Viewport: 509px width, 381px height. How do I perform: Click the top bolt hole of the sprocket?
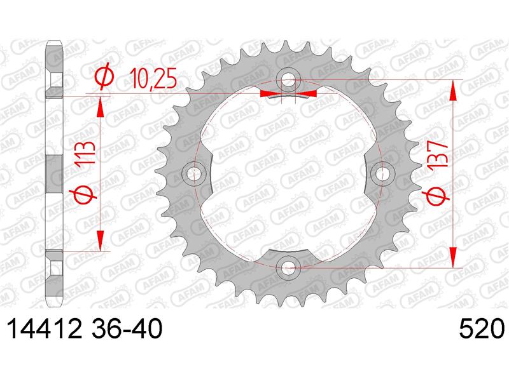(288, 80)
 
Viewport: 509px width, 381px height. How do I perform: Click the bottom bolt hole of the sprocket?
(288, 267)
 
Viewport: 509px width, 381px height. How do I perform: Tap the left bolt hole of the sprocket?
(194, 174)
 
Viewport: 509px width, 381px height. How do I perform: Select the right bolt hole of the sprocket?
(382, 174)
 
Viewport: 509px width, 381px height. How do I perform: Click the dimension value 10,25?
(153, 78)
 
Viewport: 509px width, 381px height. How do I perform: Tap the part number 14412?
(44, 328)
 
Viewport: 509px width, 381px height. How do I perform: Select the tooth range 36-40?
(127, 328)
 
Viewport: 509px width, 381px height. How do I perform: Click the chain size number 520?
(482, 328)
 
